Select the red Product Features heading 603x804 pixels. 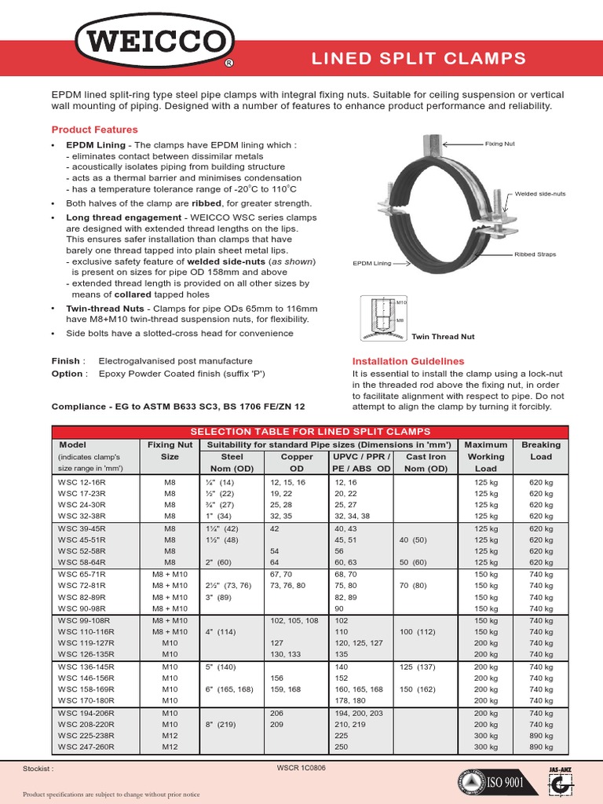coord(94,130)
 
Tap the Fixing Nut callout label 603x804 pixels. coord(498,144)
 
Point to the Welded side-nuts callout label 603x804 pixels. coord(540,193)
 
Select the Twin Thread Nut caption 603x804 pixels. coord(444,336)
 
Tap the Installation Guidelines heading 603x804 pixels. coord(407,361)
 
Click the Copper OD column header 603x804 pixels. coord(297,462)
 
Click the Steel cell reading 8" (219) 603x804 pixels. coord(221,724)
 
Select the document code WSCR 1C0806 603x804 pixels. coord(301,768)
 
